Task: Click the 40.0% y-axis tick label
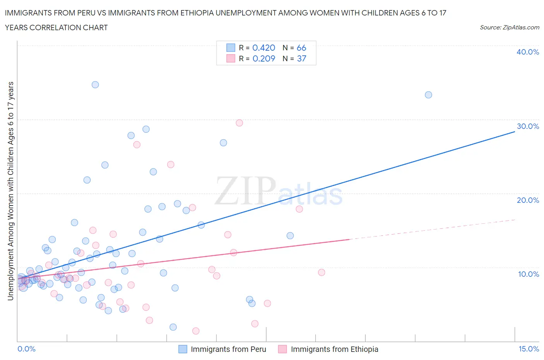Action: [x=528, y=52]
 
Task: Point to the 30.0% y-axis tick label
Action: [x=528, y=126]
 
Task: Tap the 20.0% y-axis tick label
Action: [x=528, y=200]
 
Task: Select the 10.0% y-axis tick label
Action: [x=528, y=274]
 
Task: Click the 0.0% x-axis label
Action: [x=26, y=349]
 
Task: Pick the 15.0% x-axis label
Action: [x=529, y=349]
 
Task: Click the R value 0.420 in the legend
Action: [x=263, y=48]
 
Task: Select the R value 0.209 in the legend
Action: [x=263, y=58]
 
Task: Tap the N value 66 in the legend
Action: [x=301, y=48]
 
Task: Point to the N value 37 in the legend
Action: [x=301, y=58]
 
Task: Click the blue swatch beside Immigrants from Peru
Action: [x=183, y=349]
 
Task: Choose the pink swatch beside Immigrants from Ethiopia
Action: [x=282, y=349]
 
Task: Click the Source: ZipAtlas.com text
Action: [x=509, y=27]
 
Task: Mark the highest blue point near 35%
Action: [x=95, y=85]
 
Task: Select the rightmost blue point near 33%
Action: [x=428, y=95]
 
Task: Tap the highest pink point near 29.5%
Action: [x=239, y=123]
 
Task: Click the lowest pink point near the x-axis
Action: [x=196, y=331]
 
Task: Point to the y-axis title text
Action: [x=10, y=191]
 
